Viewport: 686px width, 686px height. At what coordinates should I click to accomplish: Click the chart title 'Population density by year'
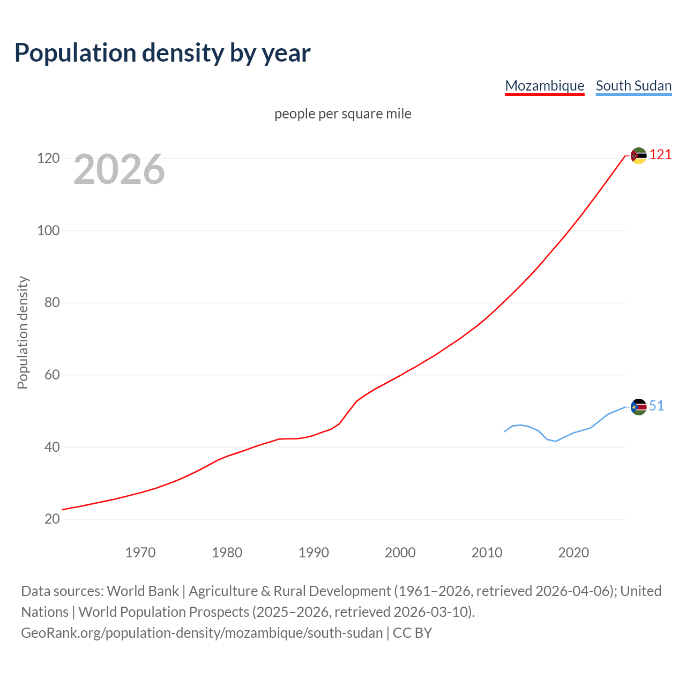coord(162,53)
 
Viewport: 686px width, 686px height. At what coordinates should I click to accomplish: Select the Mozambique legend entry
coord(545,86)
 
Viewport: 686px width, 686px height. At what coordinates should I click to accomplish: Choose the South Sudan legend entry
coord(633,86)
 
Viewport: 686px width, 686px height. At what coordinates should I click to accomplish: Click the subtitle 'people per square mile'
coord(343,114)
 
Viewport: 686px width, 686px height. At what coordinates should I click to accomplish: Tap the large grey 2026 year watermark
coord(119,169)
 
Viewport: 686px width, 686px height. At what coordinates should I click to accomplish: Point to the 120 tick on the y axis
coord(48,159)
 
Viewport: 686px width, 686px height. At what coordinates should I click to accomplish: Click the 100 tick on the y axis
coord(48,231)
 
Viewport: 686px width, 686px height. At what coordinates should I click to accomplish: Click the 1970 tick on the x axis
coord(140,553)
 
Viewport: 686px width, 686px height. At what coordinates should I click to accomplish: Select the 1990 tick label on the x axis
coord(314,553)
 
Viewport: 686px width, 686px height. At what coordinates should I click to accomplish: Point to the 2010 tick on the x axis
coord(487,553)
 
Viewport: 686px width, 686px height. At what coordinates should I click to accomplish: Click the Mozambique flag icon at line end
coord(638,155)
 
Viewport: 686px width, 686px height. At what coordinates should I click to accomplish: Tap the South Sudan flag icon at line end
coord(638,407)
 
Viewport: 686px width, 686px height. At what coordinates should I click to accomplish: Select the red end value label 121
coord(660,155)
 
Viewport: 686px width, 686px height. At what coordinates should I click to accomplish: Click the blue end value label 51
coord(657,406)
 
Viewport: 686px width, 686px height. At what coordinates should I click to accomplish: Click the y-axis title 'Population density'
coord(23,332)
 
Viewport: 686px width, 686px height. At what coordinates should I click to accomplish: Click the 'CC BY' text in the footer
coord(412,633)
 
